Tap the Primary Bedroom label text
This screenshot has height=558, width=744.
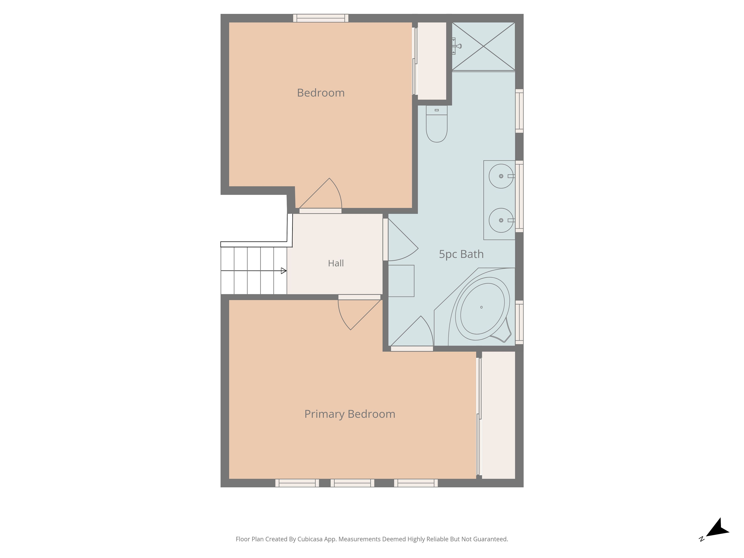tap(350, 414)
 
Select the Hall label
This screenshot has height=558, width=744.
tap(336, 263)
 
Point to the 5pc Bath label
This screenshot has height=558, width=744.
tap(461, 254)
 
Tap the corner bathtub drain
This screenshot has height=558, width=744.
tap(481, 307)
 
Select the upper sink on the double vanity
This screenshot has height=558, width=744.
tap(501, 176)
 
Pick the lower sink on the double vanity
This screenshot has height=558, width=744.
tap(501, 220)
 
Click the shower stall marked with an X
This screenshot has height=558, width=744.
tap(483, 46)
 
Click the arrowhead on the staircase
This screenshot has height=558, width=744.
tap(283, 271)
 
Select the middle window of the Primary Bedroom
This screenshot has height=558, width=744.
tap(352, 483)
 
